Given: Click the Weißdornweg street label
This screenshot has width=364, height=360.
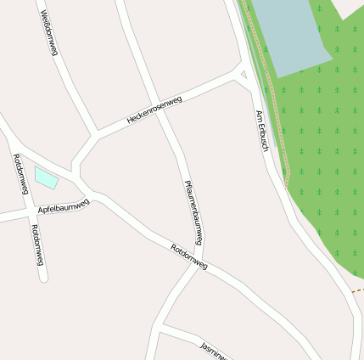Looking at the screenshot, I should point(48,33).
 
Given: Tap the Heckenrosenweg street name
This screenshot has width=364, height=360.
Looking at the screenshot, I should point(154,111).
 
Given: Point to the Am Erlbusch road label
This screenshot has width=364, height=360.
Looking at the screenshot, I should point(262,132).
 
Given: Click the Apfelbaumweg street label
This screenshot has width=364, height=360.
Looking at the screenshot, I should point(63,205).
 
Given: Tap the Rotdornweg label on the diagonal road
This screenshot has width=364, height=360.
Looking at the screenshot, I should point(188,257).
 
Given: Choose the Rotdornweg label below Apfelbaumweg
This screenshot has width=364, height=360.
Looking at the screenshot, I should point(36,245).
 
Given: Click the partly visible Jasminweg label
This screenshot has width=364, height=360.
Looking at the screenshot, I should point(213,351).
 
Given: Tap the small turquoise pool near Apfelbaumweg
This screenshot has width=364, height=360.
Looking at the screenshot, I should point(46,177).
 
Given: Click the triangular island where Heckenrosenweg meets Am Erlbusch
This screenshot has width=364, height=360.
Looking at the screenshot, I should point(244,75).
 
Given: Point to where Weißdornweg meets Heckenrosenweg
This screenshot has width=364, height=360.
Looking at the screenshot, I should point(94,134).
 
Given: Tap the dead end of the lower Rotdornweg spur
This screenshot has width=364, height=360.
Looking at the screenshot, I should point(43,277).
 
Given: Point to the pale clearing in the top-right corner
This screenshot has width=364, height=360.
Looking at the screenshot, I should point(349,8).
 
